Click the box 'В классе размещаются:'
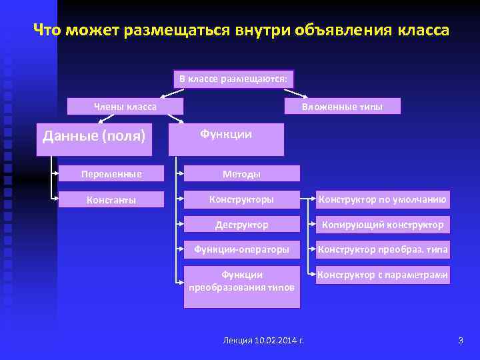tap(233, 79)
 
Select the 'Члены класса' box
tap(125, 107)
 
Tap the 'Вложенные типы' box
tap(342, 107)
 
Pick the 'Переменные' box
tap(111, 174)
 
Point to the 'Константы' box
tap(111, 199)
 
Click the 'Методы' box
tap(241, 174)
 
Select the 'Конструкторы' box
tap(241, 199)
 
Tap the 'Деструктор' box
tap(241, 225)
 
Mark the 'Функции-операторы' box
tap(241, 250)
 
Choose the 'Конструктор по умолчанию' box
tap(383, 199)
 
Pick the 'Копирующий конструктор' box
tap(383, 225)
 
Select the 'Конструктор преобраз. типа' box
tap(383, 250)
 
